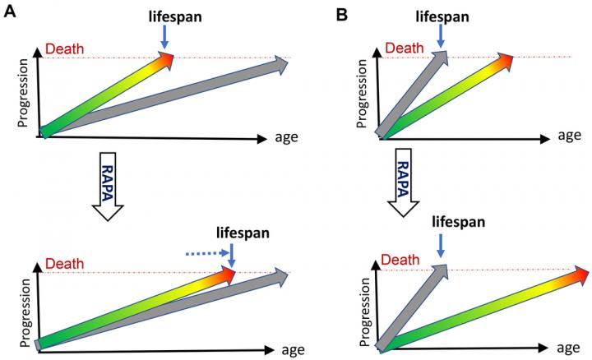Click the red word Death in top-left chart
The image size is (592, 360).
(x=63, y=49)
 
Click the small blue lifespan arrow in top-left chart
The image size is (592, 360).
(x=164, y=35)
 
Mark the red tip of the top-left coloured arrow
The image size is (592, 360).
(x=168, y=58)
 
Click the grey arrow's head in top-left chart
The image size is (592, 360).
(x=281, y=62)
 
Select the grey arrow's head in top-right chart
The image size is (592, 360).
(x=441, y=57)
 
